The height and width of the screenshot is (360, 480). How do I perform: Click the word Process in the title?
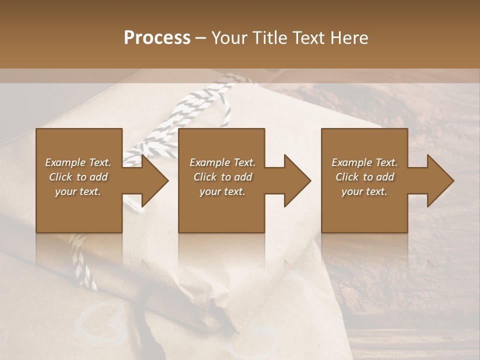tap(157, 38)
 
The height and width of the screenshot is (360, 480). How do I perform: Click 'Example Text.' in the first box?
tap(78, 162)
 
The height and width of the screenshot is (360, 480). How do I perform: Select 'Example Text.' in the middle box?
tap(222, 162)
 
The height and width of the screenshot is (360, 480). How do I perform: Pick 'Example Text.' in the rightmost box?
tap(364, 162)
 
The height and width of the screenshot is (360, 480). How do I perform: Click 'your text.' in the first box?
tap(78, 191)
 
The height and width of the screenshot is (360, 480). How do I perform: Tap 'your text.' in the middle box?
tap(222, 191)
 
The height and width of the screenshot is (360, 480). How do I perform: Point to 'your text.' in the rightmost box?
tap(364, 191)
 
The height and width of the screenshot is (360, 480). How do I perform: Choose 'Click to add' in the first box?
tap(78, 177)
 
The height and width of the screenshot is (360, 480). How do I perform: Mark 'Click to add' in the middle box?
tap(222, 177)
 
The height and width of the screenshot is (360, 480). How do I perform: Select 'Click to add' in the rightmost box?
tap(364, 177)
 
